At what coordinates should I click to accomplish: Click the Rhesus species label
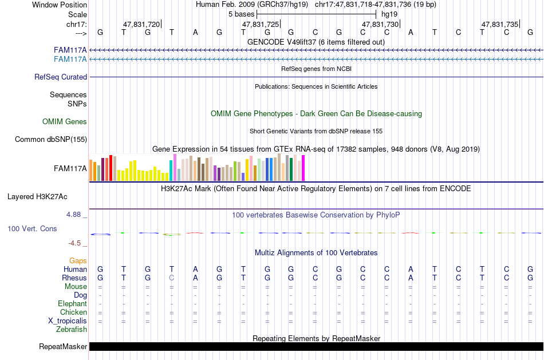click(x=74, y=278)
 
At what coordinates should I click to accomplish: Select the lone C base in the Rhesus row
click(x=172, y=278)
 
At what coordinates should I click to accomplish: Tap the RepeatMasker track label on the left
click(x=63, y=346)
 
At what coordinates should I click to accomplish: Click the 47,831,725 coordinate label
click(x=261, y=24)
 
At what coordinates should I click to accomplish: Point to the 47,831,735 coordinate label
click(x=499, y=24)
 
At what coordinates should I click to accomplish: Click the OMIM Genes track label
click(x=65, y=121)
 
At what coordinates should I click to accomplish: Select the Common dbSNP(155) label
click(x=51, y=139)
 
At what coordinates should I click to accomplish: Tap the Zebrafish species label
click(x=72, y=329)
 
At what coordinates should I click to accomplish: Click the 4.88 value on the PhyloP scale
click(x=74, y=215)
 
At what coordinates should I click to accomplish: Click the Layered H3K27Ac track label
click(x=37, y=196)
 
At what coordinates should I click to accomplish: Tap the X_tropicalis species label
click(x=68, y=321)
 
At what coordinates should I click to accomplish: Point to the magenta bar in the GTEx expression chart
click(x=303, y=168)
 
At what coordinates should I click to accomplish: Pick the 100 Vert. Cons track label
click(x=32, y=228)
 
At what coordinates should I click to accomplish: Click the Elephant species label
click(x=72, y=303)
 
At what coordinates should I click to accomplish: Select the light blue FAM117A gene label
click(x=70, y=59)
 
